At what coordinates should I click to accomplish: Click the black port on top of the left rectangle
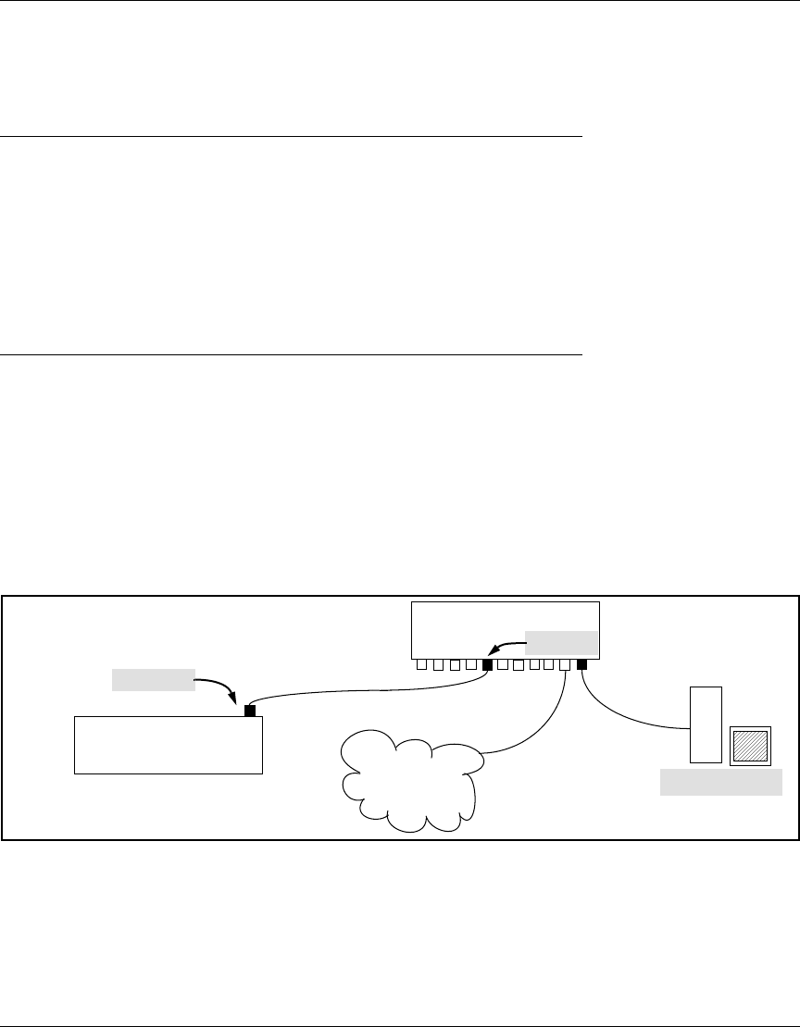coord(249,711)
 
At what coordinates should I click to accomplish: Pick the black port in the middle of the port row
coord(488,663)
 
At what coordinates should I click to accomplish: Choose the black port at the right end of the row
coord(582,663)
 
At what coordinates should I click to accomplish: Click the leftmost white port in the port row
coord(421,663)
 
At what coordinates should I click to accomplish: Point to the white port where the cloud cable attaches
coord(565,663)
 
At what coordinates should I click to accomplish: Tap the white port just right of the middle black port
coord(503,663)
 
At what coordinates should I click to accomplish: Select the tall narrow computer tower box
coord(706,724)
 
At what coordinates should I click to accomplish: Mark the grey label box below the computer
coord(720,784)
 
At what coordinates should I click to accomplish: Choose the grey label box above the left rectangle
coord(153,679)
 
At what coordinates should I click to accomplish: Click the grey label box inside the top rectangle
coord(561,641)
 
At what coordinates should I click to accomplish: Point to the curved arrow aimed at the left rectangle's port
coord(222,688)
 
